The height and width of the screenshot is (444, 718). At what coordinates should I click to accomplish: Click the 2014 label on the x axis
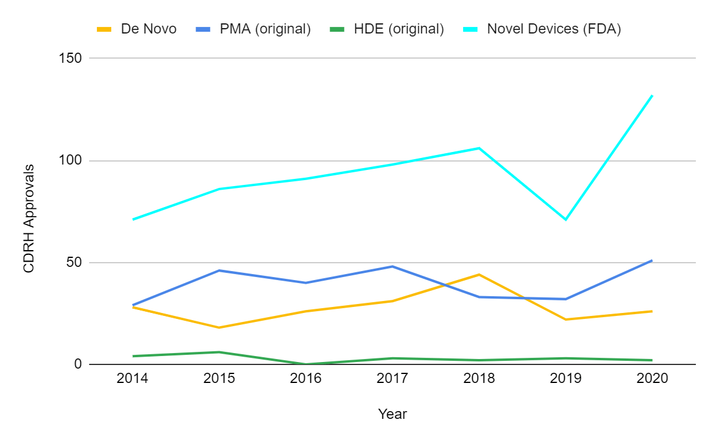tap(133, 379)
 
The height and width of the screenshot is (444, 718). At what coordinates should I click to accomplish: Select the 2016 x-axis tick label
tap(306, 379)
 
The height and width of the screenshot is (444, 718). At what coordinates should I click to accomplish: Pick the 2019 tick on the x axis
tap(565, 379)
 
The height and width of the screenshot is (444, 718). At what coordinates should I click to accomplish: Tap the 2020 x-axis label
tap(652, 379)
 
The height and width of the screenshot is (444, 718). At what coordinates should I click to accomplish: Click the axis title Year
tap(393, 414)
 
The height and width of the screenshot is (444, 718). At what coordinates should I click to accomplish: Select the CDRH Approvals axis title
tap(28, 219)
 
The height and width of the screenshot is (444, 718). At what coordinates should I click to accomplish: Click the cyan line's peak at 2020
tap(652, 95)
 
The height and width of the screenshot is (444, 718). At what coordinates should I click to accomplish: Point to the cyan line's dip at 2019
tap(565, 220)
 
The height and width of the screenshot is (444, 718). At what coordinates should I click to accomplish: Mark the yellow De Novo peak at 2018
tap(479, 275)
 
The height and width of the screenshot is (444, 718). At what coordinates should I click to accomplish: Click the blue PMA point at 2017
tap(393, 266)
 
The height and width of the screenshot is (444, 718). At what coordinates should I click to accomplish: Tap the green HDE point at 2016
tap(306, 364)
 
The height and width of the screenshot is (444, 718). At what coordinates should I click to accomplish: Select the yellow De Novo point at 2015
tap(220, 327)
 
